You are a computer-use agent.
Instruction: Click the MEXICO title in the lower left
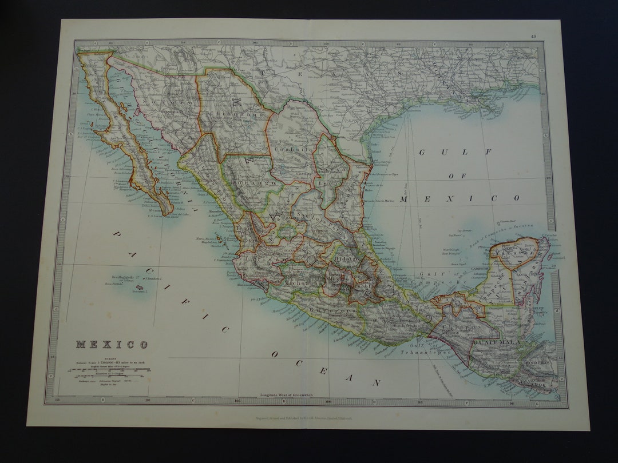click(112, 345)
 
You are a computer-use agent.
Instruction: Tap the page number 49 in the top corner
click(533, 37)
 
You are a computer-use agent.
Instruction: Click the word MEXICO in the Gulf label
click(459, 198)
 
